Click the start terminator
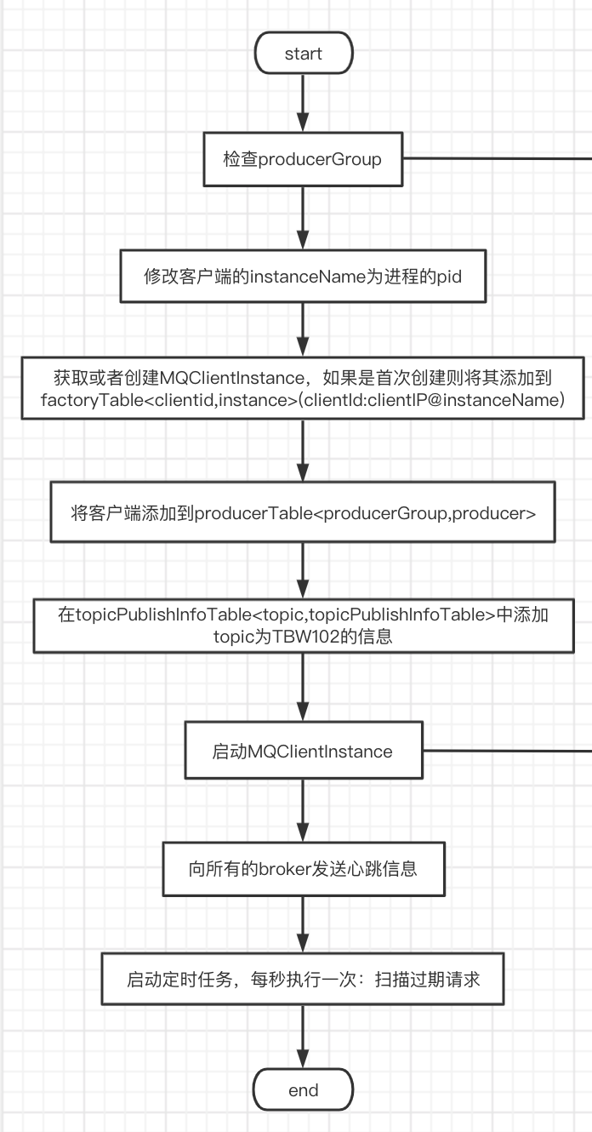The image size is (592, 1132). [304, 54]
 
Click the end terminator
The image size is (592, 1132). [304, 1090]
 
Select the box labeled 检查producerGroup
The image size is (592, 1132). [303, 159]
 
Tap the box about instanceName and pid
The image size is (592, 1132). [303, 277]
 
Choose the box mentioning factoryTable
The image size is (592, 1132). [303, 388]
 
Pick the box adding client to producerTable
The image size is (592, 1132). [303, 513]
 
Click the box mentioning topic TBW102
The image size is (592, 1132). [303, 626]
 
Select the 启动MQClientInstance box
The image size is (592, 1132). [303, 752]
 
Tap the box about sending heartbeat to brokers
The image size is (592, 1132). [303, 869]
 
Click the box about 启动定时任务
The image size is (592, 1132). [303, 980]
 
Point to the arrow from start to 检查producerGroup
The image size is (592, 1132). [304, 104]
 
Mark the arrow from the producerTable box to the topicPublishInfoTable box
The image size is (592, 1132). [304, 570]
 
